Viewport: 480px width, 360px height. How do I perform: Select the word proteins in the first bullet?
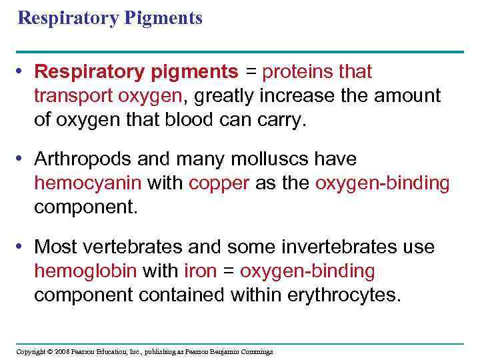(x=299, y=71)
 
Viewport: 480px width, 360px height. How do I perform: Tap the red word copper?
(x=219, y=183)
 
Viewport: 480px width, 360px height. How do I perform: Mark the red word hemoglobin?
(x=85, y=271)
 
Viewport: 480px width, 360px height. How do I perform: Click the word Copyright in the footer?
(x=31, y=351)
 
